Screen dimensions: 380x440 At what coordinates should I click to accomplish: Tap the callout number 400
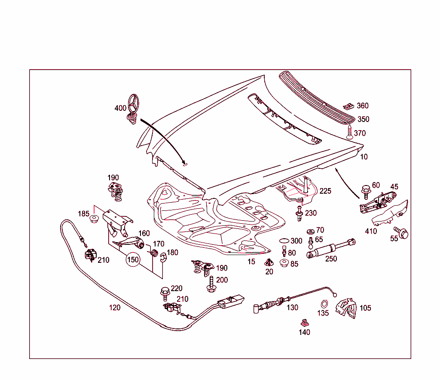tap(120, 108)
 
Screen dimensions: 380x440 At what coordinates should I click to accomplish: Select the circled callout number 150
tap(133, 260)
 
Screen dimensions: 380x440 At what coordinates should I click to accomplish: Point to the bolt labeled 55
tap(402, 233)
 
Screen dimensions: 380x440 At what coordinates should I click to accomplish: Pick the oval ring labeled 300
tap(284, 241)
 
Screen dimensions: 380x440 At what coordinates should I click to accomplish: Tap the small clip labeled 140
tap(304, 322)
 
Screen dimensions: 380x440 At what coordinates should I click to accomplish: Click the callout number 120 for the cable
tap(114, 307)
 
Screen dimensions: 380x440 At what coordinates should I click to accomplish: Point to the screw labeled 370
tap(349, 131)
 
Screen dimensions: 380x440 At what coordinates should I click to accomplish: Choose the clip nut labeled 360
tap(349, 106)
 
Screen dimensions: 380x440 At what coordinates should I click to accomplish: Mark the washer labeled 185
tap(93, 219)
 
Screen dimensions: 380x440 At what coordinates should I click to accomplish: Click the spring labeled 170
tap(153, 252)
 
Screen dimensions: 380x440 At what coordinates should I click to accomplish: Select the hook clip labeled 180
tap(163, 257)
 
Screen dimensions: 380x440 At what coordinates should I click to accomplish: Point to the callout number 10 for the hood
tap(364, 157)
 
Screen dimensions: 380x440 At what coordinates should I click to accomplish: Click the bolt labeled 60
tap(366, 189)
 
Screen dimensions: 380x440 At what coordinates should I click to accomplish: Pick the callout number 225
tap(325, 191)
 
